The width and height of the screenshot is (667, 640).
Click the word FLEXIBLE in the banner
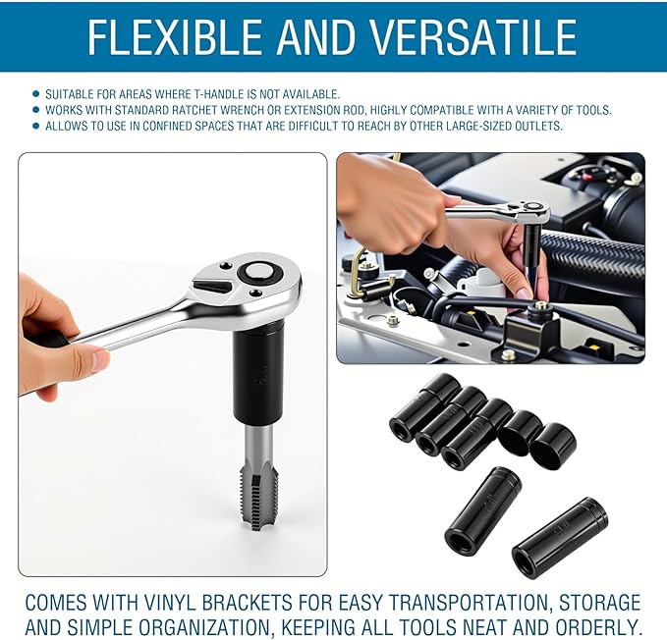175,36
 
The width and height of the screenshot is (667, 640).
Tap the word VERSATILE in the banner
472,36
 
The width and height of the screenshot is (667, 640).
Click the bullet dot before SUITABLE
36,94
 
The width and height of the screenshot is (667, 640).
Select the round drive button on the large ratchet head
258,272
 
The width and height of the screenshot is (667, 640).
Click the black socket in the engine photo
531,245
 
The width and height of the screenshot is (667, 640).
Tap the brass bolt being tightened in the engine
540,304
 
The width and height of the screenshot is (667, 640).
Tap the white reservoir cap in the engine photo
484,278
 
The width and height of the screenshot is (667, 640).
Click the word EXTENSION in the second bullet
323,110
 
